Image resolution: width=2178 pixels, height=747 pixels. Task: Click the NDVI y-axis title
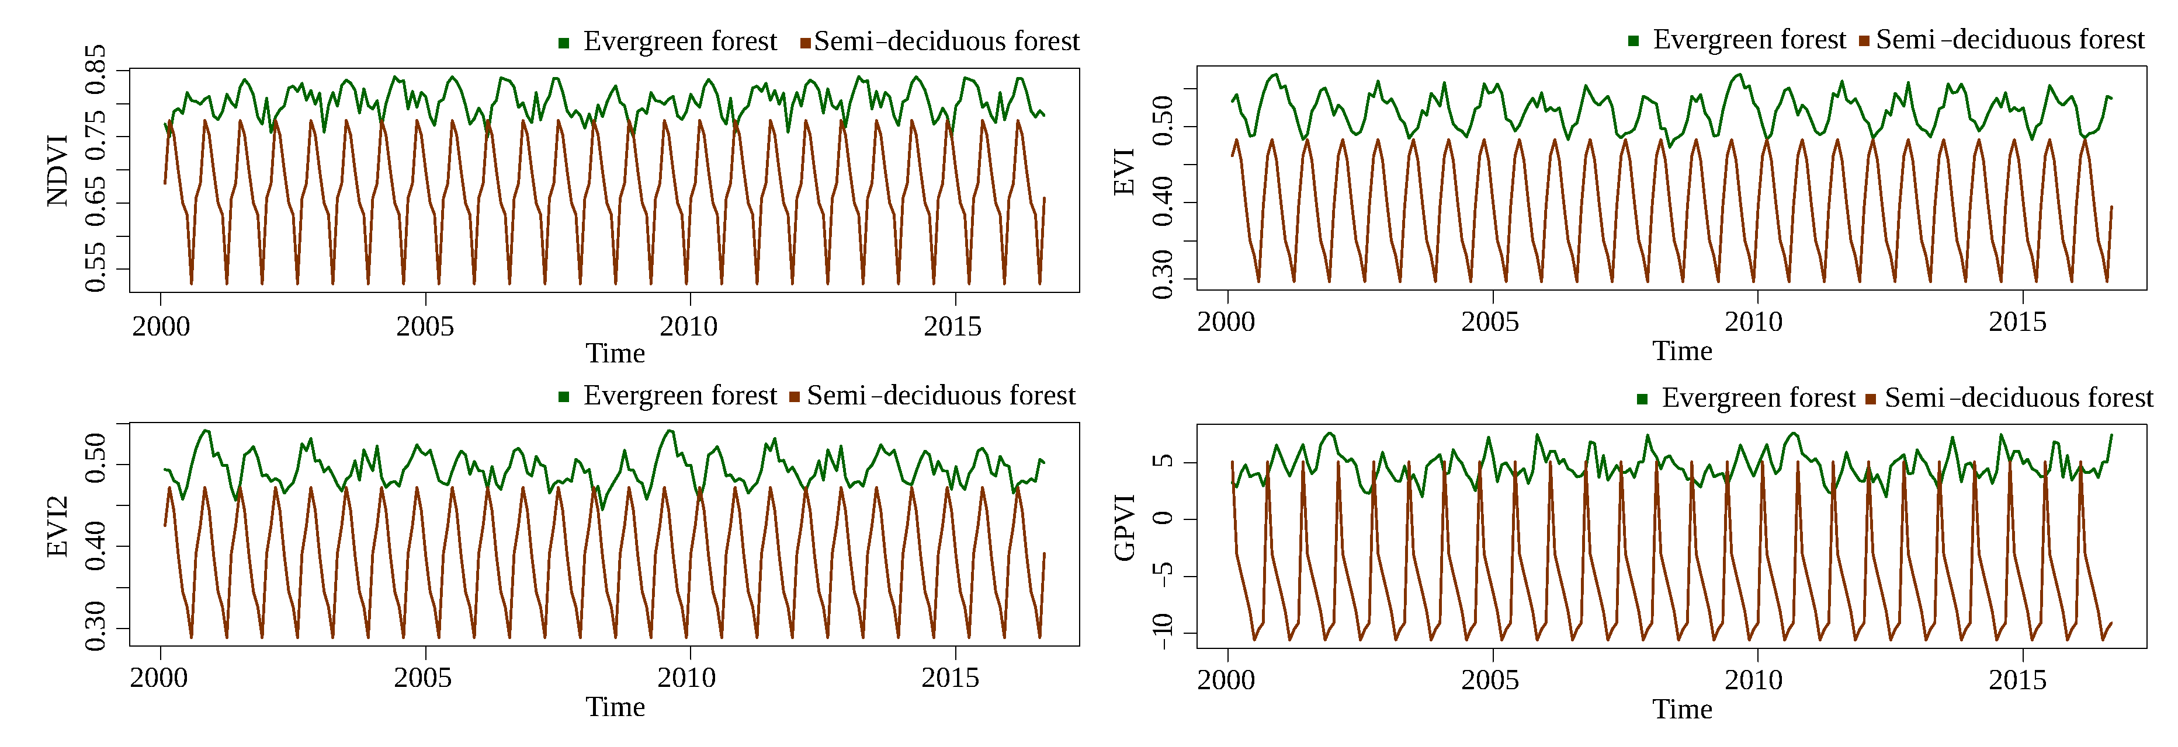[57, 170]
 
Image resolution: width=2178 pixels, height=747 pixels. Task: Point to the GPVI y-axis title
[1125, 528]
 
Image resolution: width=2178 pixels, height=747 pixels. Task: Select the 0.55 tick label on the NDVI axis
[96, 267]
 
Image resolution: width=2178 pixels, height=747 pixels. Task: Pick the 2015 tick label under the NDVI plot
[953, 327]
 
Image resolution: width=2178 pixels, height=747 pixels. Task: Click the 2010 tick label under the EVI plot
[1754, 322]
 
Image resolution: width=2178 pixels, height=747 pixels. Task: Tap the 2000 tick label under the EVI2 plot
[159, 678]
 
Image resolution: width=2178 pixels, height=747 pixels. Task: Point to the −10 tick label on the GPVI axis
[1163, 631]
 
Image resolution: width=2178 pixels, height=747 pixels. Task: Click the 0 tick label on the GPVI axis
[1163, 518]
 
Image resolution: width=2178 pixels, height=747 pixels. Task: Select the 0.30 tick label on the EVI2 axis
[96, 626]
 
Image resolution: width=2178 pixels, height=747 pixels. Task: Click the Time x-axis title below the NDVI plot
[615, 353]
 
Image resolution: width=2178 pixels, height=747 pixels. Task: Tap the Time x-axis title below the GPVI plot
[1683, 710]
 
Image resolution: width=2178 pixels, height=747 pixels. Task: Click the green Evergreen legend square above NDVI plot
[564, 42]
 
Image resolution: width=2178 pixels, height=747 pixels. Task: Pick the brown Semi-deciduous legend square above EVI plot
[1864, 41]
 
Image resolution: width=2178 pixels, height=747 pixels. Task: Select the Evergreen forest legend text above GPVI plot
[1758, 398]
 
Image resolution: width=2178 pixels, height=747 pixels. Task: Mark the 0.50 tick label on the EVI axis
[1163, 121]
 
